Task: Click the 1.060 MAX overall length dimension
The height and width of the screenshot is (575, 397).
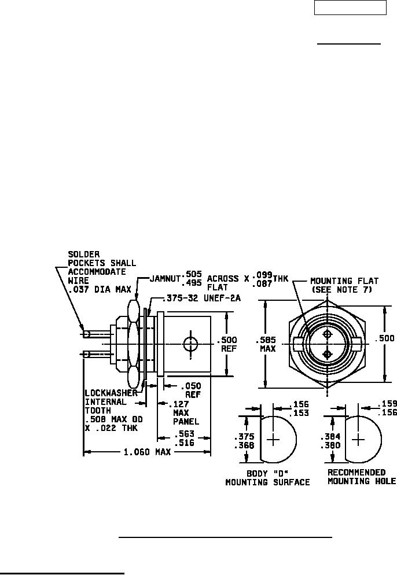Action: point(147,452)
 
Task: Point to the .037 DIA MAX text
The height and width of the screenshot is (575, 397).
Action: point(100,289)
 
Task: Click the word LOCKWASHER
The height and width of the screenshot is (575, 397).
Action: point(111,393)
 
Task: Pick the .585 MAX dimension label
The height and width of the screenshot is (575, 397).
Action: point(267,344)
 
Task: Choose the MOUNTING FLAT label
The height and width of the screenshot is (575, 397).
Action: point(344,281)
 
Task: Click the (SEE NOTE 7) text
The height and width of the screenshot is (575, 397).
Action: point(342,289)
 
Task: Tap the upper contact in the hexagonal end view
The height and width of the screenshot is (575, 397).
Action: point(327,334)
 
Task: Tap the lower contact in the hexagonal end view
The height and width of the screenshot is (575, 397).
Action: point(327,354)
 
